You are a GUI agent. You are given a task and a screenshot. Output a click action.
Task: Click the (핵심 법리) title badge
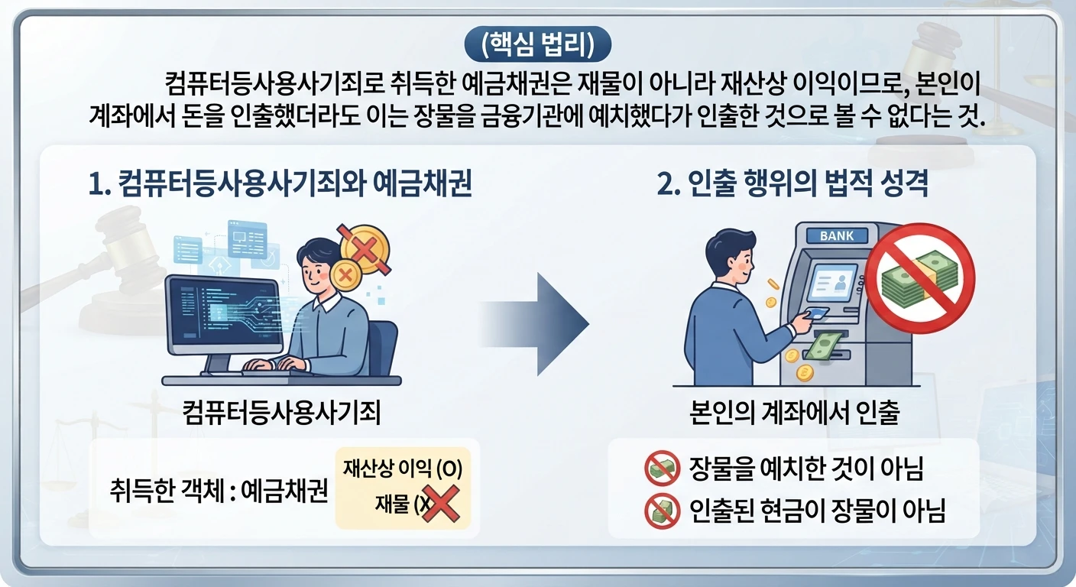[537, 44]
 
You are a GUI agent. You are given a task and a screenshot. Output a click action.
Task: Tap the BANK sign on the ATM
[837, 236]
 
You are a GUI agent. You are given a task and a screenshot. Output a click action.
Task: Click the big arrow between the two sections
[536, 324]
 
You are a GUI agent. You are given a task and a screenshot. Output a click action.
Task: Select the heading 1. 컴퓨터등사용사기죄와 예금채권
[280, 183]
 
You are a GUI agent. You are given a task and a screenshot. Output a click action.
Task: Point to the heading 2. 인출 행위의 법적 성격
[792, 183]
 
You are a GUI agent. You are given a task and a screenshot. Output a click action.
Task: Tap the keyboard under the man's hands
[269, 371]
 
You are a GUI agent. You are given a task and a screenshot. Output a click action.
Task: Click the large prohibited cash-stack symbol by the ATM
[920, 278]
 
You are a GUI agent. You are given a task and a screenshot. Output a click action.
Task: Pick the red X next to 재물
[440, 504]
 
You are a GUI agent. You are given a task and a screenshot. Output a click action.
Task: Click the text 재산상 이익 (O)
[403, 469]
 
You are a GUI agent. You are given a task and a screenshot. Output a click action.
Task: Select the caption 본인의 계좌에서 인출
[795, 413]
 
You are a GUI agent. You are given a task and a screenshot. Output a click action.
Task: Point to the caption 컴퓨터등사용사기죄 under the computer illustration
[281, 413]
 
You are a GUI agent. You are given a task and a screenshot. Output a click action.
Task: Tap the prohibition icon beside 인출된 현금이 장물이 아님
[662, 511]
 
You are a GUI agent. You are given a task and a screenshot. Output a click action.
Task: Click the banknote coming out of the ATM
[823, 346]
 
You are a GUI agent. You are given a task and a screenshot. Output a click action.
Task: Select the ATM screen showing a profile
[832, 282]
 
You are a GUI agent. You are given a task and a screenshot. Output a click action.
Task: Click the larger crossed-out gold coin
[365, 249]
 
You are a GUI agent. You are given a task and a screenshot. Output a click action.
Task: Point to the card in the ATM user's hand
[817, 313]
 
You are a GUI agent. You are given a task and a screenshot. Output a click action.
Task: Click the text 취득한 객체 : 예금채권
[219, 491]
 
